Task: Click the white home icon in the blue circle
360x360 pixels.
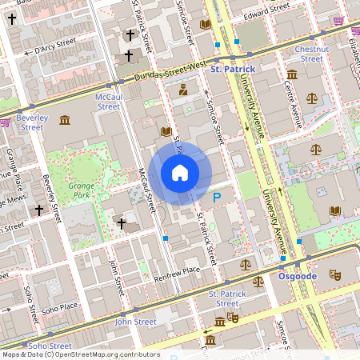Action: pyautogui.click(x=180, y=173)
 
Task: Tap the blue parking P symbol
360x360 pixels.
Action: pyautogui.click(x=216, y=197)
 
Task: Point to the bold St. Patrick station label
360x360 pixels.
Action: pyautogui.click(x=232, y=70)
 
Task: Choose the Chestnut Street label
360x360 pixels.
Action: pyautogui.click(x=311, y=54)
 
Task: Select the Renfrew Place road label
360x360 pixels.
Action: pyautogui.click(x=178, y=270)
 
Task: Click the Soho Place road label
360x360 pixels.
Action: pyautogui.click(x=59, y=307)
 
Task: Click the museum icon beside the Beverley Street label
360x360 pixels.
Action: pyautogui.click(x=64, y=121)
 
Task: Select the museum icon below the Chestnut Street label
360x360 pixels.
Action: pyautogui.click(x=291, y=74)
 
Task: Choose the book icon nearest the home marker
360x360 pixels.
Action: pyautogui.click(x=166, y=130)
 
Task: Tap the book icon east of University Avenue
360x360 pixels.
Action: pyautogui.click(x=334, y=210)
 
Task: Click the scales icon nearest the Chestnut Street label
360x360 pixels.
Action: pyautogui.click(x=311, y=98)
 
